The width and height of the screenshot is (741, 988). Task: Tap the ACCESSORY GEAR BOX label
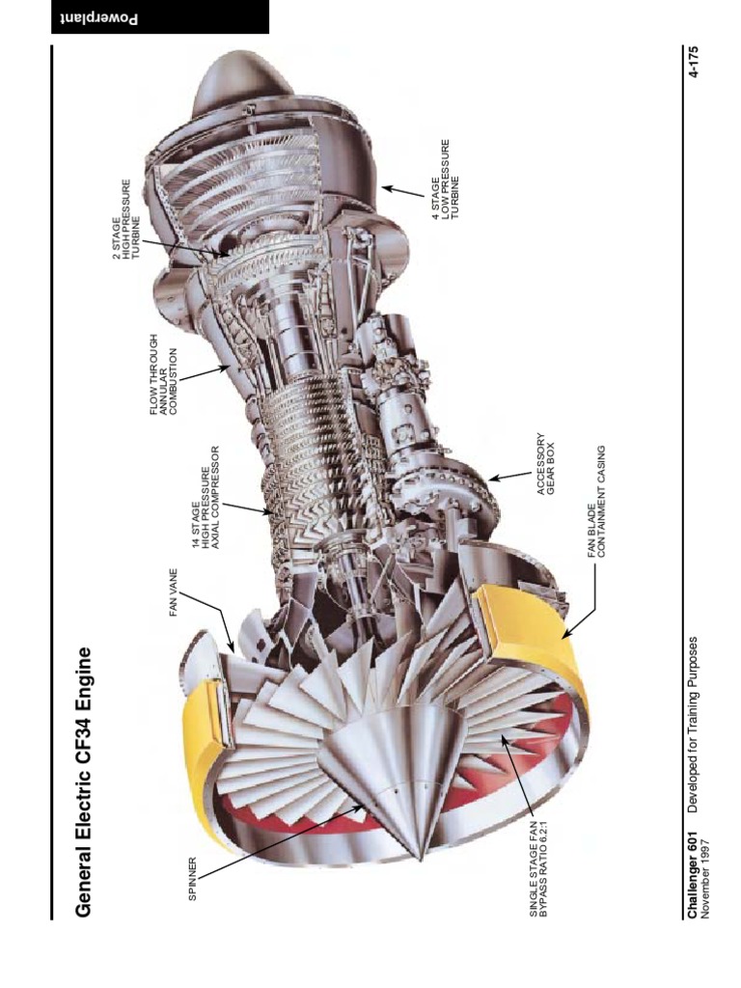(x=546, y=463)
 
